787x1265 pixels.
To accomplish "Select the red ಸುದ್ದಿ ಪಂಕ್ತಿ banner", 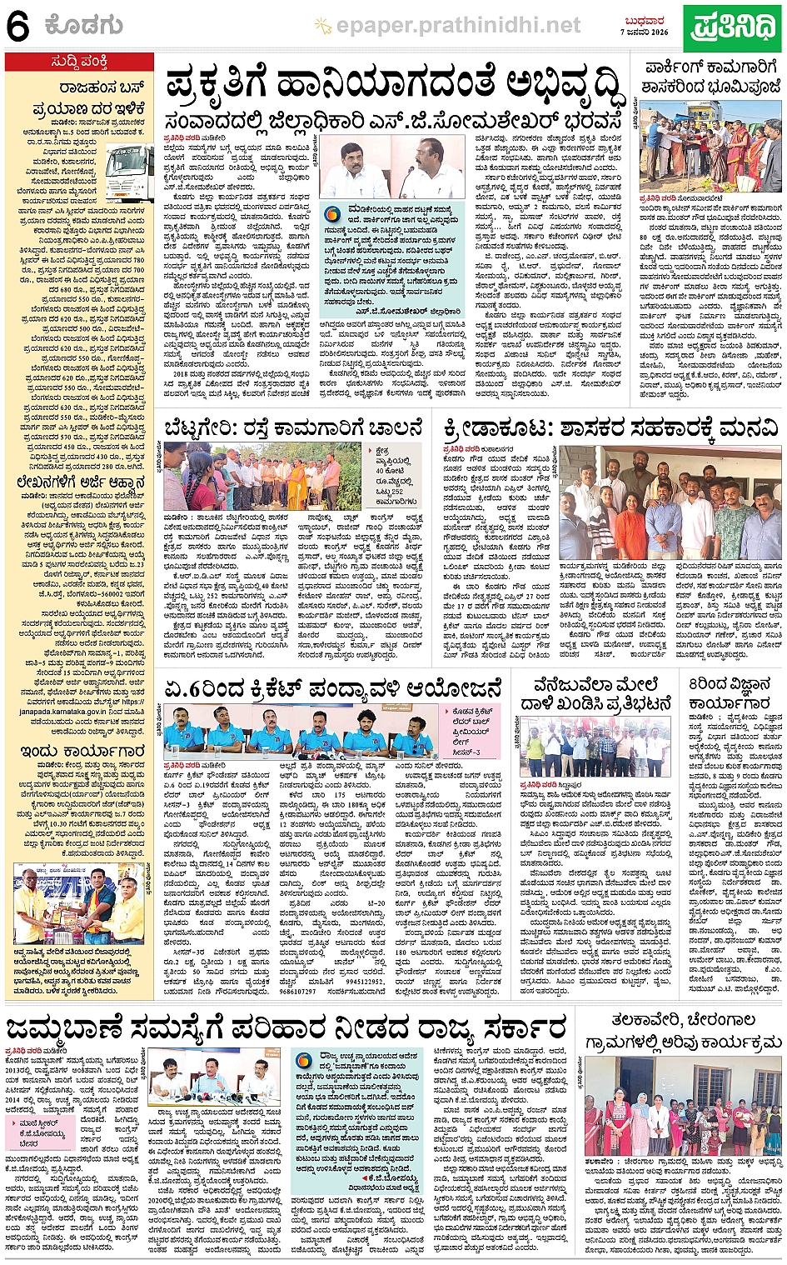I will point(79,62).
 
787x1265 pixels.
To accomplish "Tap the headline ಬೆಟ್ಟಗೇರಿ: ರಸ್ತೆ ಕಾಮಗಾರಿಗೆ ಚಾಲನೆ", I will point(292,427).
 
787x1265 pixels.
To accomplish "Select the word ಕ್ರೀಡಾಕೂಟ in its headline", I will point(495,427).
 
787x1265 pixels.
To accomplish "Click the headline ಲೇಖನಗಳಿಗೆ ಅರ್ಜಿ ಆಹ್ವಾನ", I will point(80,482).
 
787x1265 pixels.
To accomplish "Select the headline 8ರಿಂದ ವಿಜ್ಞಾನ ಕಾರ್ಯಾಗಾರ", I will point(730,693).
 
